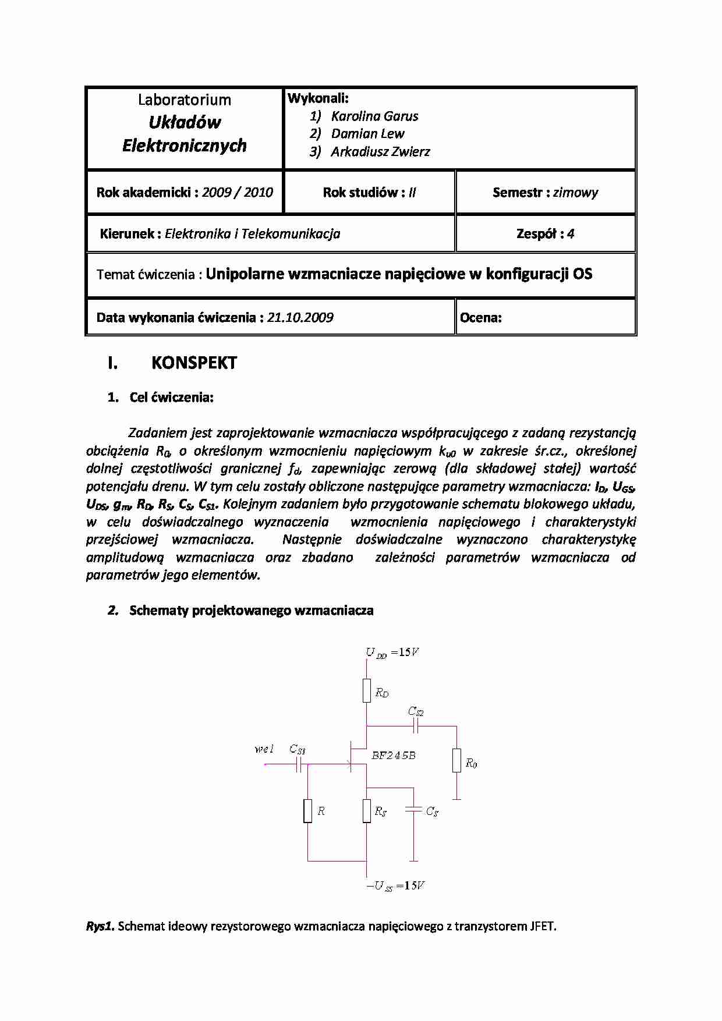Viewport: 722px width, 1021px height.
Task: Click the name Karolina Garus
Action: (374, 116)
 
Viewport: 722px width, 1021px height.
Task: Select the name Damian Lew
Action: (367, 134)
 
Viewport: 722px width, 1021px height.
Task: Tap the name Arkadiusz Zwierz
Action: (380, 152)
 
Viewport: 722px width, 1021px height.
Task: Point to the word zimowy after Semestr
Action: (575, 193)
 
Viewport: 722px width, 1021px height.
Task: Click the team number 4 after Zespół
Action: (571, 234)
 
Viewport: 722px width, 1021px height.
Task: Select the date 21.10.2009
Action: (300, 318)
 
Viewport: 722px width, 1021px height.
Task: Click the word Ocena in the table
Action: (480, 318)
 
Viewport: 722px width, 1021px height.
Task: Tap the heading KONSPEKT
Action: (194, 363)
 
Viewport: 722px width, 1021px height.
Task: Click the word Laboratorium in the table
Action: (185, 100)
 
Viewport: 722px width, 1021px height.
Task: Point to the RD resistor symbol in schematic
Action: (366, 690)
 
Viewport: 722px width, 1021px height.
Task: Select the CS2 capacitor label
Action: (416, 711)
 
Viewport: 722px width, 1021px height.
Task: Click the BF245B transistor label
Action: (394, 756)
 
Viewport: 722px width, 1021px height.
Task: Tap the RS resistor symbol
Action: (366, 811)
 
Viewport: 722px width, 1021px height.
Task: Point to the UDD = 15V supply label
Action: (392, 653)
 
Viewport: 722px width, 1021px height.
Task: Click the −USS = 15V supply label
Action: (395, 886)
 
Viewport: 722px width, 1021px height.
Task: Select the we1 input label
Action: (264, 749)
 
